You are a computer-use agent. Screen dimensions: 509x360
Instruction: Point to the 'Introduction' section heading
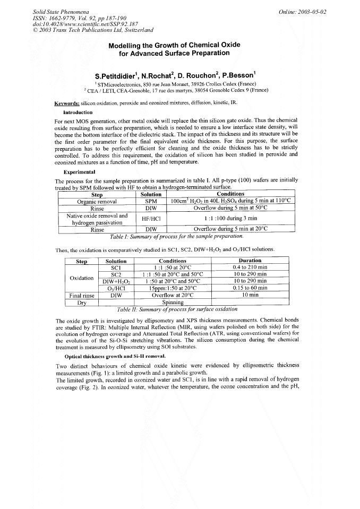(x=78, y=113)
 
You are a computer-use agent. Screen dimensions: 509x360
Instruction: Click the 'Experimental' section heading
(x=79, y=172)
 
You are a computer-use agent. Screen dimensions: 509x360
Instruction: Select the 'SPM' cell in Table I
(x=151, y=202)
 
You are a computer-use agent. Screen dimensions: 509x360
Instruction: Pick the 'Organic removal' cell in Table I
(x=97, y=202)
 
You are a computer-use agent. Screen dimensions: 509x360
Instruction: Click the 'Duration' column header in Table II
(x=250, y=261)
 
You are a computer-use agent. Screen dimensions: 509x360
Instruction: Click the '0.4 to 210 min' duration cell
(x=250, y=267)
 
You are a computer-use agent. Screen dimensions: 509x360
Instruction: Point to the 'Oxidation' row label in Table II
(x=82, y=278)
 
